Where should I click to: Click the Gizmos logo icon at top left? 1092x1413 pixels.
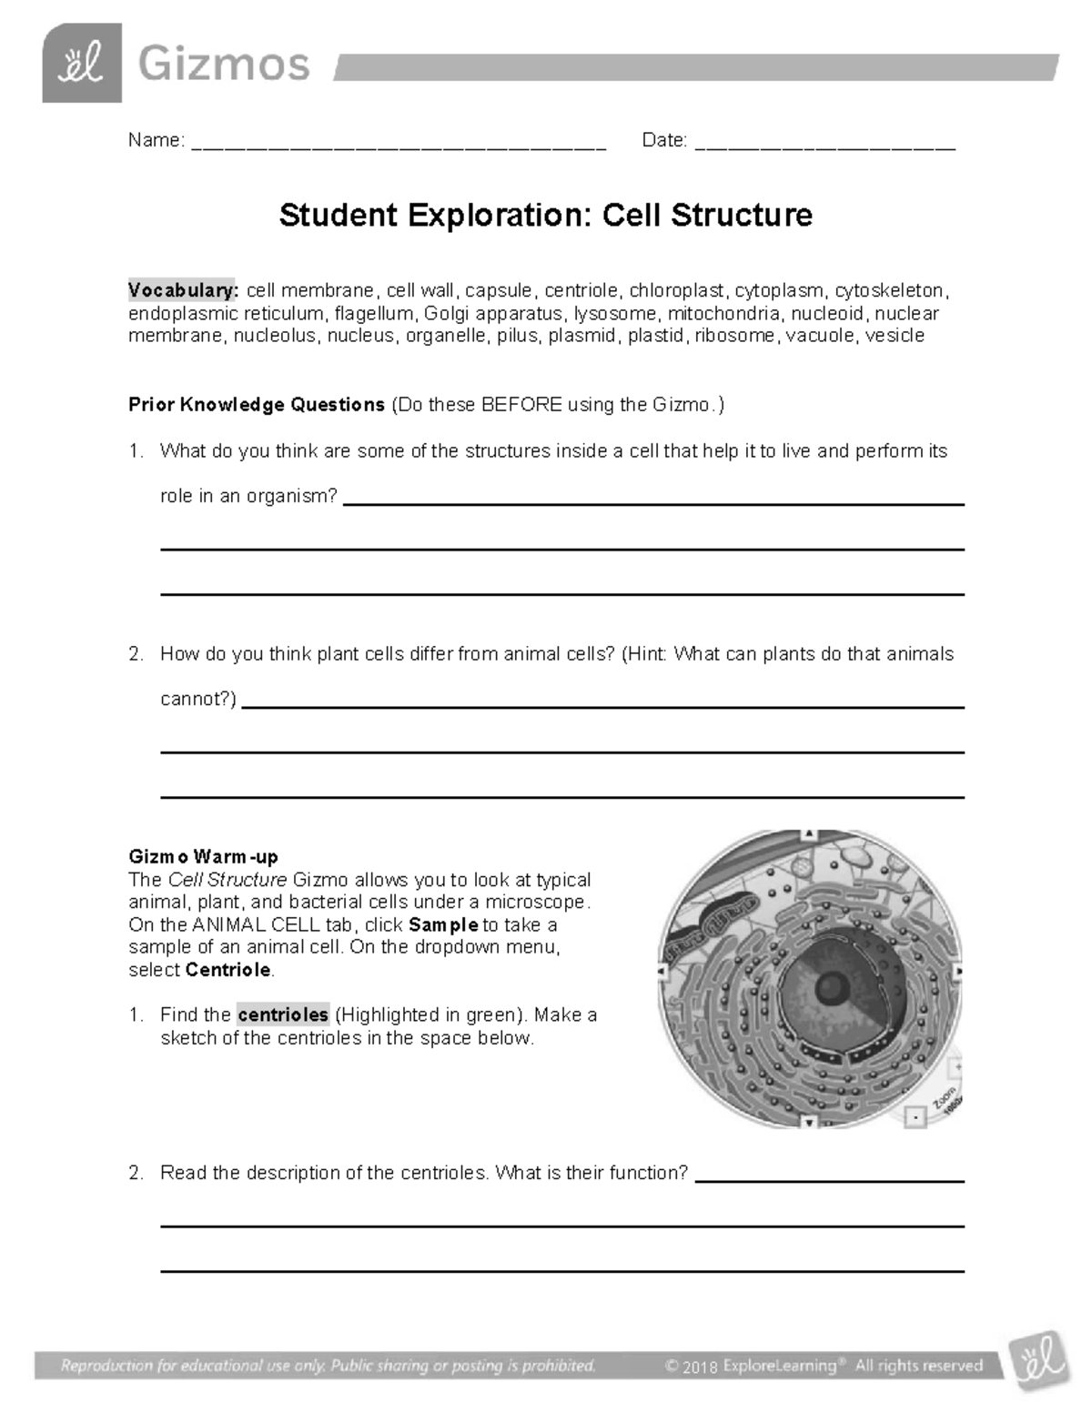point(81,64)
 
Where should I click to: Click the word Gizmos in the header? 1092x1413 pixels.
point(224,66)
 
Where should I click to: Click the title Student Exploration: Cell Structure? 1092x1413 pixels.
point(545,216)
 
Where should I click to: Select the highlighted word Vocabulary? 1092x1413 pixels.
point(183,291)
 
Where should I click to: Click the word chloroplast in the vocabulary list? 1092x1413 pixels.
point(677,291)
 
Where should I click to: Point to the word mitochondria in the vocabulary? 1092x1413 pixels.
point(723,314)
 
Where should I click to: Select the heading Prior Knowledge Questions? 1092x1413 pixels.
point(257,405)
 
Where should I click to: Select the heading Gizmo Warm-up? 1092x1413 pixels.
point(204,857)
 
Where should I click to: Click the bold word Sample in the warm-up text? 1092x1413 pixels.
point(443,925)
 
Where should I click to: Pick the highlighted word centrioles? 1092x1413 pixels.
point(283,1014)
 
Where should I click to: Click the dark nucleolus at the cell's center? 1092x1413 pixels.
point(830,985)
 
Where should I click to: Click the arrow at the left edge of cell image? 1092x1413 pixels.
point(661,971)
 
